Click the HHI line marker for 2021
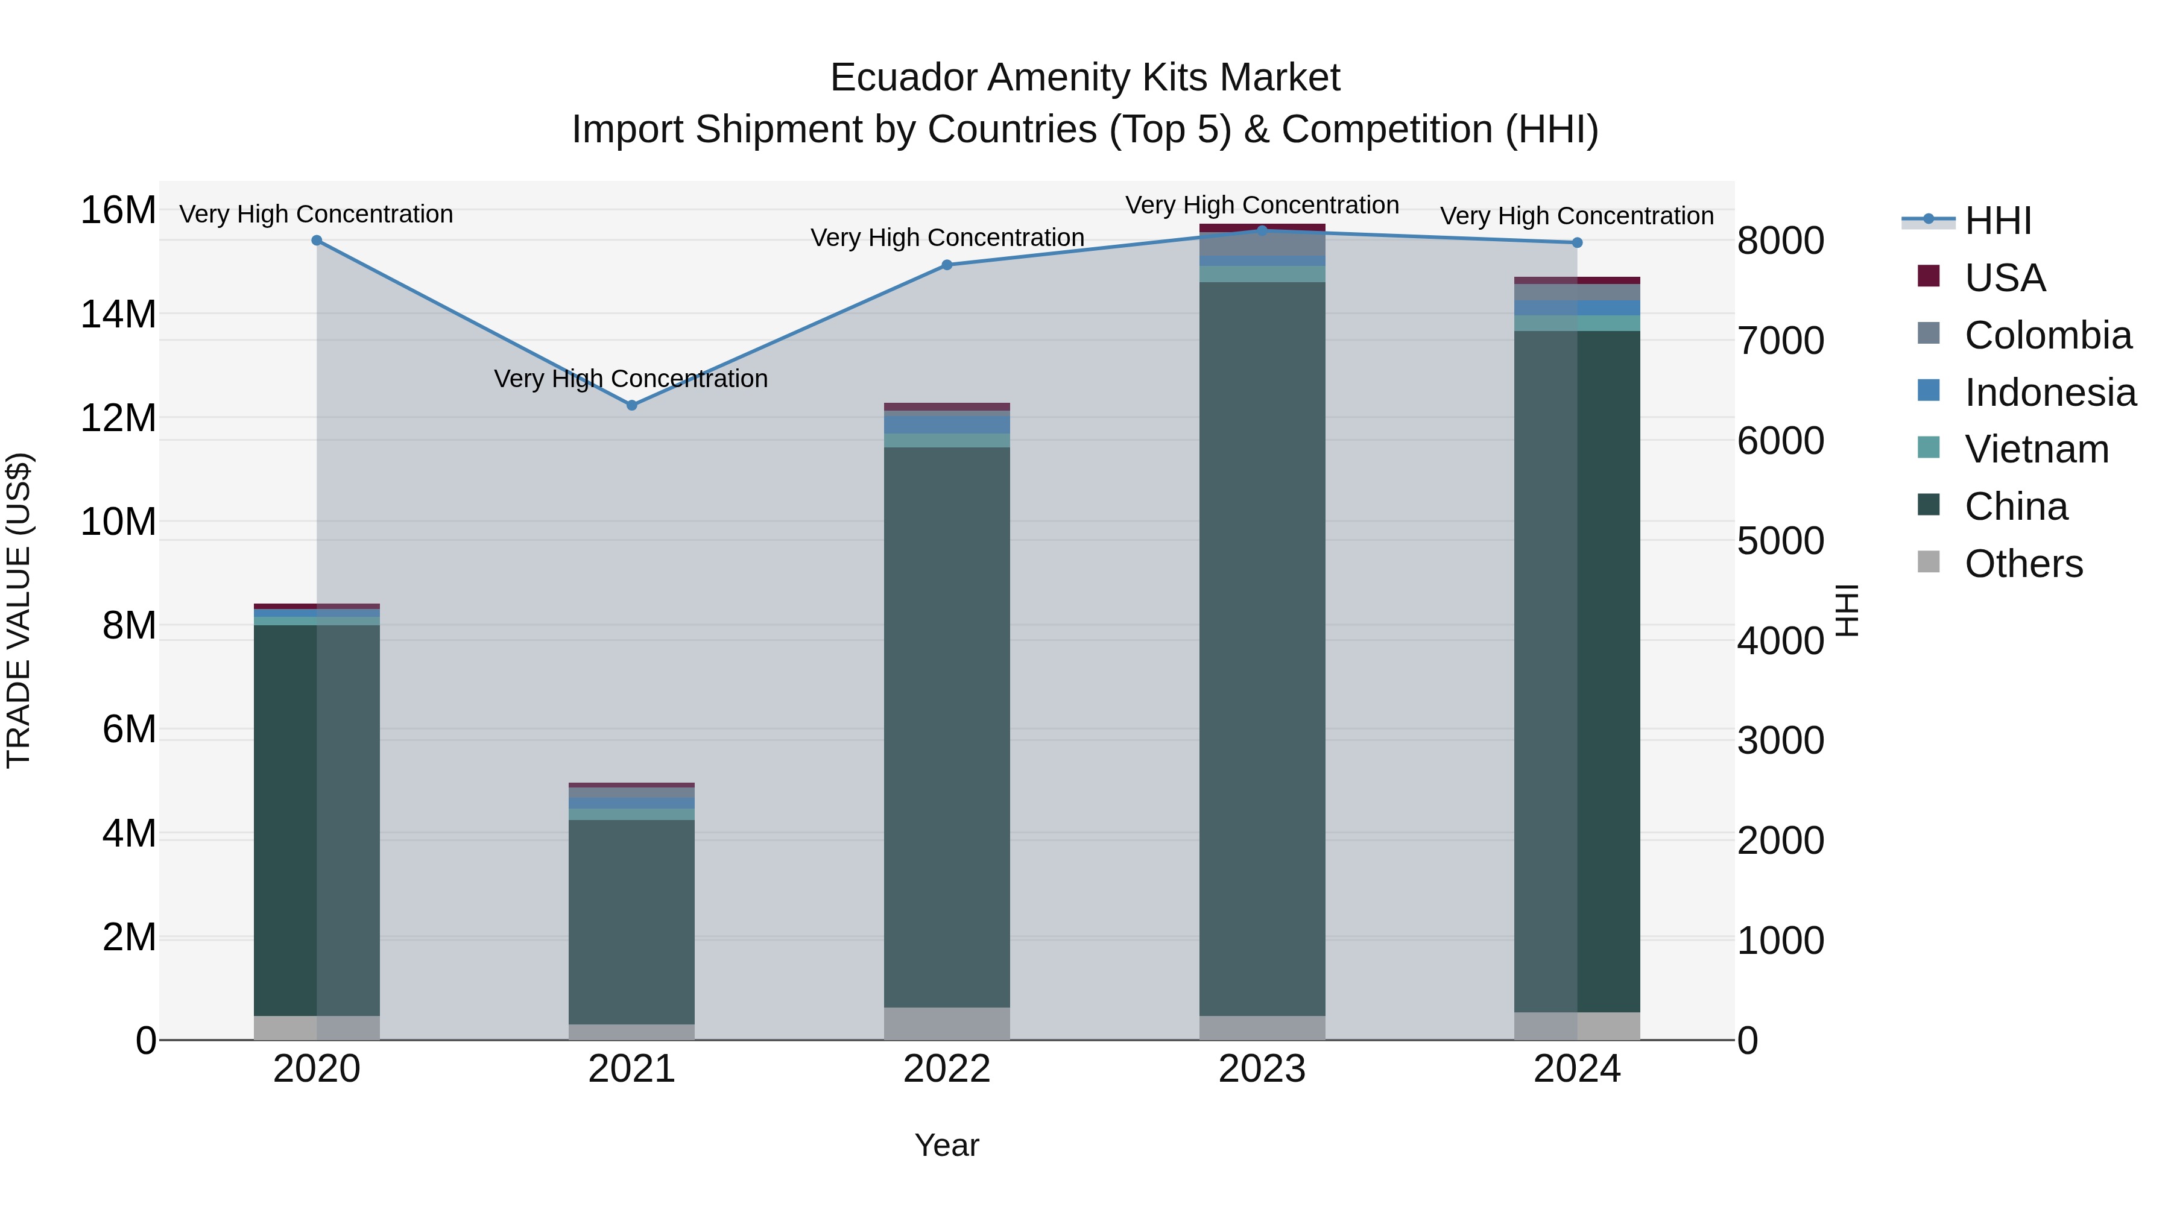[x=632, y=405]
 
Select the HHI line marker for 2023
[x=1262, y=230]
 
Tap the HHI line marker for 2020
[x=317, y=240]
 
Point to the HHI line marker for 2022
[x=946, y=265]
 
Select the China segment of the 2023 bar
[x=1262, y=649]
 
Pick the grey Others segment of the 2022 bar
[x=946, y=1023]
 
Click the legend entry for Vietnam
[x=2036, y=449]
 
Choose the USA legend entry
[x=2004, y=278]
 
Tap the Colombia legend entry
[x=2047, y=335]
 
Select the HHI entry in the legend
[x=1997, y=221]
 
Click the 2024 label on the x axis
[x=1577, y=1069]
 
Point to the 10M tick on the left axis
[x=118, y=522]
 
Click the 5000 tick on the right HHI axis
[x=1780, y=541]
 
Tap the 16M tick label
[x=118, y=210]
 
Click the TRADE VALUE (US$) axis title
[x=19, y=610]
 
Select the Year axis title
[x=946, y=1145]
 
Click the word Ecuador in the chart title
[x=905, y=78]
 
